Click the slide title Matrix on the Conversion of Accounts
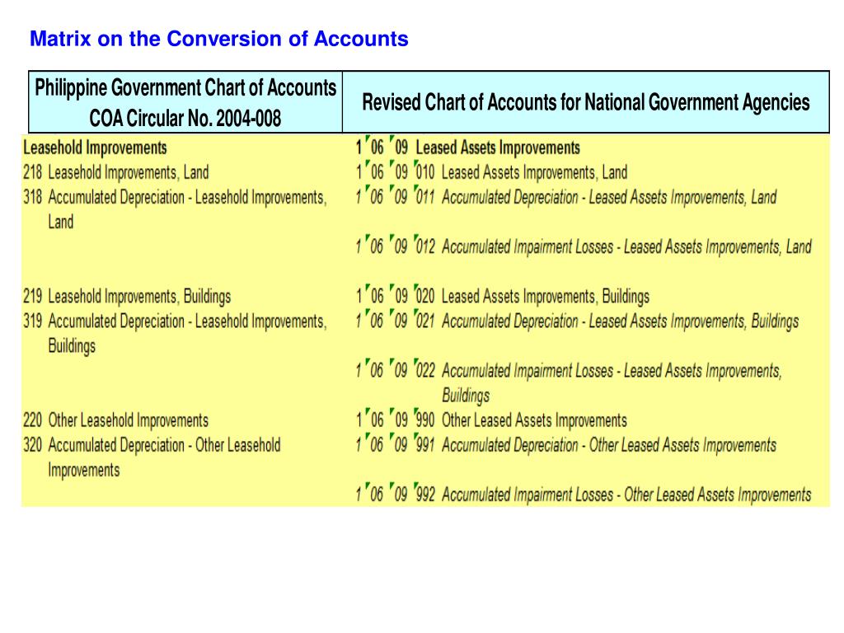(218, 39)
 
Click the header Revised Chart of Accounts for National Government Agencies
(586, 102)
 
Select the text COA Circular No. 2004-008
(185, 120)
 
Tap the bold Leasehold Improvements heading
(95, 148)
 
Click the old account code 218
(33, 172)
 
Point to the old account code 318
(33, 198)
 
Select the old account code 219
(33, 297)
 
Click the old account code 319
(33, 321)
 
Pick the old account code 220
(33, 420)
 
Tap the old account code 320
(33, 446)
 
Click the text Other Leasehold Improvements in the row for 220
(129, 420)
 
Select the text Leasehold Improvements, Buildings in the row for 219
(139, 297)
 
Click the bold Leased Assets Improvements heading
(498, 148)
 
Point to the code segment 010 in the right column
(424, 173)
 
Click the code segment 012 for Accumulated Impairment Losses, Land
(424, 247)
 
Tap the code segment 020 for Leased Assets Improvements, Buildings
(424, 297)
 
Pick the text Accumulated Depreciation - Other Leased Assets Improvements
(609, 446)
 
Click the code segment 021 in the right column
(424, 321)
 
